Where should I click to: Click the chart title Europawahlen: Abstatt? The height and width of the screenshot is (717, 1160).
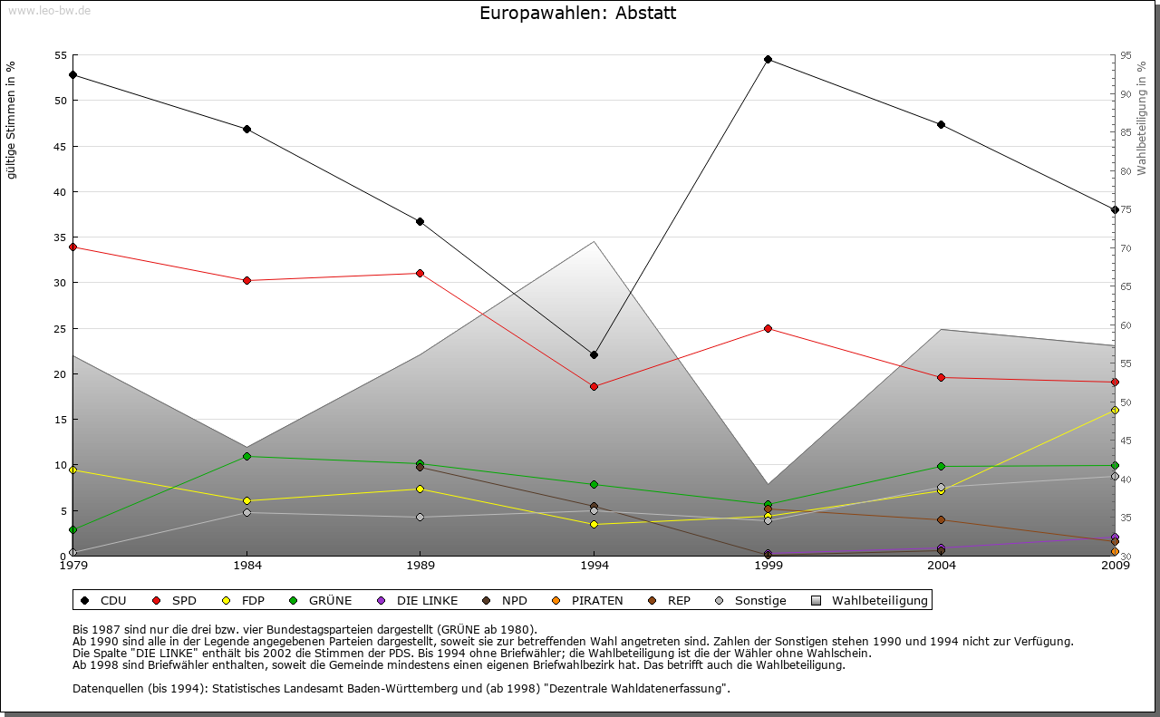pyautogui.click(x=577, y=14)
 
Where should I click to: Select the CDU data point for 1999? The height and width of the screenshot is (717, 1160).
pyautogui.click(x=768, y=60)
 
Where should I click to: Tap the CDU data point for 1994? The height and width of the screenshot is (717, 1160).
pyautogui.click(x=594, y=354)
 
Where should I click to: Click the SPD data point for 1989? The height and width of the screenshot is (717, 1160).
pyautogui.click(x=420, y=273)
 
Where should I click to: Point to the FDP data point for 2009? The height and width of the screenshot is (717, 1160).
pyautogui.click(x=1115, y=411)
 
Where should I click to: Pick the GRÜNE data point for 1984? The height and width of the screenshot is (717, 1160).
pyautogui.click(x=246, y=456)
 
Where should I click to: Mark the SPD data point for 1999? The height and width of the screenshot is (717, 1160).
pyautogui.click(x=768, y=328)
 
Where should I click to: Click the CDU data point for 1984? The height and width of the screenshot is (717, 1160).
pyautogui.click(x=246, y=129)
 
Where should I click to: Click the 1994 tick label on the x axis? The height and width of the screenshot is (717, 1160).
pyautogui.click(x=594, y=566)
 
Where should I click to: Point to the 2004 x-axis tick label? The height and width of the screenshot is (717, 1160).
pyautogui.click(x=942, y=566)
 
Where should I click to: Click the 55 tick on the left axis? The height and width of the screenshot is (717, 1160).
pyautogui.click(x=61, y=55)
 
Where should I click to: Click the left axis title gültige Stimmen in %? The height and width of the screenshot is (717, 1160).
pyautogui.click(x=12, y=121)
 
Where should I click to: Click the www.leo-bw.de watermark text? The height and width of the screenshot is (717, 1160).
pyautogui.click(x=49, y=10)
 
